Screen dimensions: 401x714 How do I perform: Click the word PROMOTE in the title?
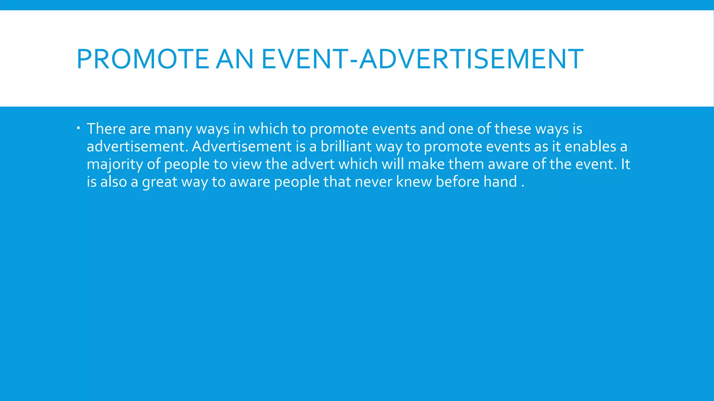[x=142, y=59]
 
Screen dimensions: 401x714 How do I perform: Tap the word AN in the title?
[x=235, y=59]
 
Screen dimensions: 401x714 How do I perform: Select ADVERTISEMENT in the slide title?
[x=471, y=59]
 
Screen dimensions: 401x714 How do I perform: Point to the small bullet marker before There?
[x=79, y=128]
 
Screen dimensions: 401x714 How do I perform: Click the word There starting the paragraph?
[x=106, y=129]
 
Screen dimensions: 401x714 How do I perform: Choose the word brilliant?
[x=346, y=147]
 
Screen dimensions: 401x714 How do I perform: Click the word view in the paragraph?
[x=246, y=164]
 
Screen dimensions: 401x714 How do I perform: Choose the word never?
[x=373, y=182]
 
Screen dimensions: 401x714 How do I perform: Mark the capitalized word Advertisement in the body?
[x=242, y=147]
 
